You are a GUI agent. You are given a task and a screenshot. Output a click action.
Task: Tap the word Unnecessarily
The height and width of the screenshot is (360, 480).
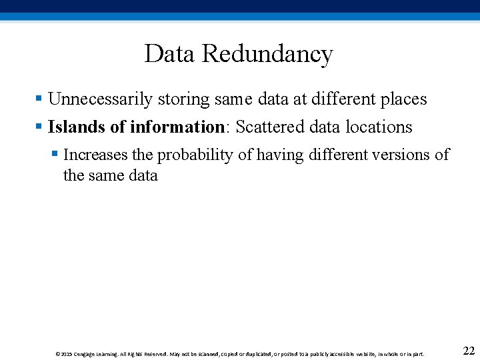[101, 100]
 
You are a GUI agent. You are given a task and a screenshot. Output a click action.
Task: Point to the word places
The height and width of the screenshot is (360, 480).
[403, 100]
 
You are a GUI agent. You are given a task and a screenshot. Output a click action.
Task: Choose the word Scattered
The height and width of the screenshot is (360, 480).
[270, 127]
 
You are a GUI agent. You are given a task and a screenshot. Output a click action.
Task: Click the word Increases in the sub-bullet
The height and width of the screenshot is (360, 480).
[95, 155]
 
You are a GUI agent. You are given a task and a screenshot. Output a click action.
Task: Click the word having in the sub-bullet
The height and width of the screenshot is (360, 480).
[279, 155]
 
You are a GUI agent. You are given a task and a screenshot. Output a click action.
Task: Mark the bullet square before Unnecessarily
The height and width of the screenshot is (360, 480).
[39, 99]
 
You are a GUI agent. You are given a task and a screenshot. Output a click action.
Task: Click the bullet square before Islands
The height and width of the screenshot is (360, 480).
[39, 126]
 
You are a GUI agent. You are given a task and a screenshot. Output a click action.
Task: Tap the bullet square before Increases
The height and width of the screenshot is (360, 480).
[55, 154]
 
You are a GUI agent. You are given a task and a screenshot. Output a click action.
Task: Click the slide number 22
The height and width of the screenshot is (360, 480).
[468, 351]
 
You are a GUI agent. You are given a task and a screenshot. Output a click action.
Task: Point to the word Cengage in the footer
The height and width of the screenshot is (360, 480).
[85, 354]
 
